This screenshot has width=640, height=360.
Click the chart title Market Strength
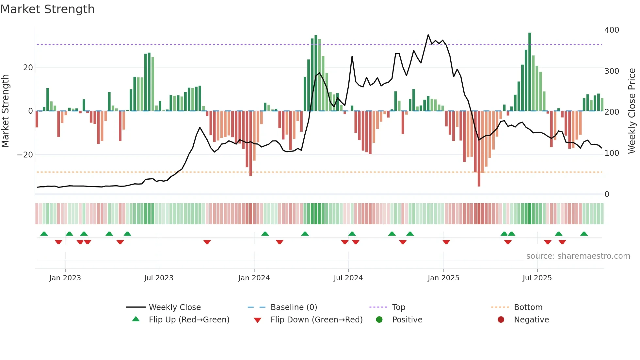pos(47,9)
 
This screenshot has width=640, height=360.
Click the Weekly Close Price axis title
pos(632,111)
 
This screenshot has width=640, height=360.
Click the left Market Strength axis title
pos(5,111)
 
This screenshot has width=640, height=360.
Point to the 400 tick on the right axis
pos(612,30)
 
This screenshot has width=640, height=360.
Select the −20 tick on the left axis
pos(25,155)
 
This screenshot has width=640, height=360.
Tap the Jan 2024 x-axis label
pos(254,278)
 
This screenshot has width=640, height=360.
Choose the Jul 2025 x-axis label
pos(537,278)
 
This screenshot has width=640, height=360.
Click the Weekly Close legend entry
pos(175,307)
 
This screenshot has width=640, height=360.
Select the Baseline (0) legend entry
pos(294,307)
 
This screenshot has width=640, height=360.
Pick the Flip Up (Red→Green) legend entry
pos(189,320)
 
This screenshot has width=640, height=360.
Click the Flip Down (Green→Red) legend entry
pos(316,320)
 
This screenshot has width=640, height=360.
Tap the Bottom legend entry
pos(528,307)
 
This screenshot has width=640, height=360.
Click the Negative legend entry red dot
pos(501,320)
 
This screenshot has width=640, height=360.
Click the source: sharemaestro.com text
pos(578,256)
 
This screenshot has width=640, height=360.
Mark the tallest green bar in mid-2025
pos(530,72)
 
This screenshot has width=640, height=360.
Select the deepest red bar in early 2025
pos(479,149)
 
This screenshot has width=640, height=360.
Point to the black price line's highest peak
pos(428,35)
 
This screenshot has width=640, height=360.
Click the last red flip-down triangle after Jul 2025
pos(562,242)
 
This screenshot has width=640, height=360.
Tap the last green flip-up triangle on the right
pos(584,234)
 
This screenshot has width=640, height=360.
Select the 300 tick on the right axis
pos(612,71)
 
